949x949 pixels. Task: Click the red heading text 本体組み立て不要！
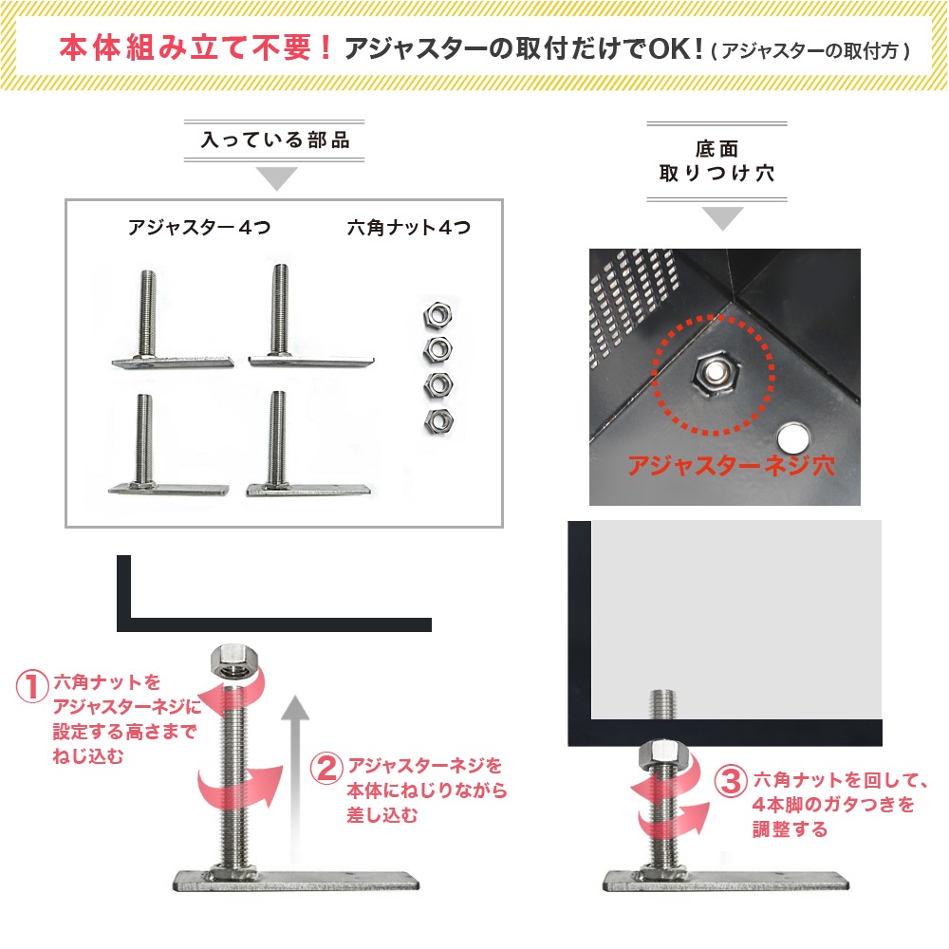196,47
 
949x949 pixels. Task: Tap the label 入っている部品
276,141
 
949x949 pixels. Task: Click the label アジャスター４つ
199,228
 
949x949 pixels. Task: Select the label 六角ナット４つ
409,228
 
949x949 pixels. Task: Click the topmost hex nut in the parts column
436,314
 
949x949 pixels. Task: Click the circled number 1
32,686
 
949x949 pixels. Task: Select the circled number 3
730,782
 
